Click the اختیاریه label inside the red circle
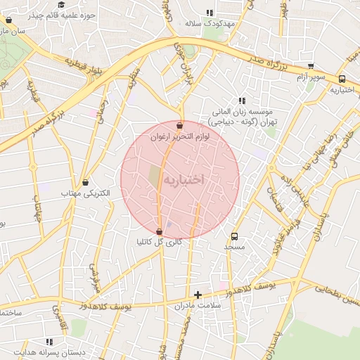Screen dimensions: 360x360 [184, 180]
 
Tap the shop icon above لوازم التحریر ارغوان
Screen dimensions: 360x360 [180, 126]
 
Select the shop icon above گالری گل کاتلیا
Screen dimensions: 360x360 [159, 231]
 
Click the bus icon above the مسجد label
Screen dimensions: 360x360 [234, 237]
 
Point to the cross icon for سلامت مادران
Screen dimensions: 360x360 [198, 295]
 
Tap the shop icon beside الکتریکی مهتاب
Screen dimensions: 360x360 [85, 182]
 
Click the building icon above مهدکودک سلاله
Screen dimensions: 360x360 [209, 13]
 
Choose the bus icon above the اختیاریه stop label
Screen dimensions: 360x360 [342, 79]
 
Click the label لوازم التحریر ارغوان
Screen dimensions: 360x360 [180, 137]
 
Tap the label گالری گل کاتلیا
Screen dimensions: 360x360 [159, 242]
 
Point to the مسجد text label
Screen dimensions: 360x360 [234, 247]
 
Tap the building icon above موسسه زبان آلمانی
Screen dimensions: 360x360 [243, 101]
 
